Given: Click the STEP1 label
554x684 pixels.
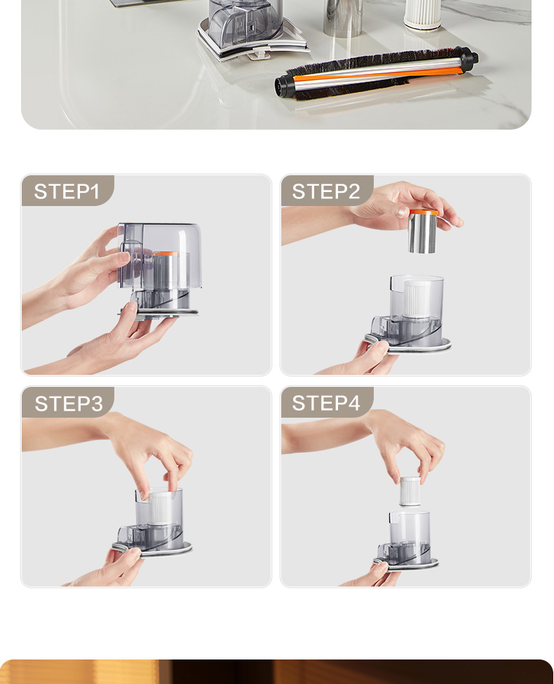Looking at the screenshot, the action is point(67,191).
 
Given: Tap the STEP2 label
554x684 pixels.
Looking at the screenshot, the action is point(325,191).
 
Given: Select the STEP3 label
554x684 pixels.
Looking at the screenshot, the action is point(69,404).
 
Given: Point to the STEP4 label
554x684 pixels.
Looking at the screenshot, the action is point(325,403).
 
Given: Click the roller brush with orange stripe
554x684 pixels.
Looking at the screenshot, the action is point(377,74).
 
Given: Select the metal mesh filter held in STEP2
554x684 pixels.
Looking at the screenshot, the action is point(423,231).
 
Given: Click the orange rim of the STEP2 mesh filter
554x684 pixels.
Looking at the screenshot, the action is point(424,212).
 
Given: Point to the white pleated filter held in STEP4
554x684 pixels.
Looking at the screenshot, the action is point(410,491).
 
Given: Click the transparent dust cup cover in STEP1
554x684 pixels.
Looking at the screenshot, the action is point(160,255).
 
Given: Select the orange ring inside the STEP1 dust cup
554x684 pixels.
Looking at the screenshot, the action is point(166,254).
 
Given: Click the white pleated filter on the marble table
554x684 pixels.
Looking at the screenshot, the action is point(423,15).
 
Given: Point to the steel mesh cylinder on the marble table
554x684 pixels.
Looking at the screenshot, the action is point(343,18).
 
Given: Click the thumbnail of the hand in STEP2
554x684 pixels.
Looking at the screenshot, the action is point(403,212).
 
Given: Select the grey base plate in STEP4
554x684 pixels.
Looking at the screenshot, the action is point(407,564).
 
